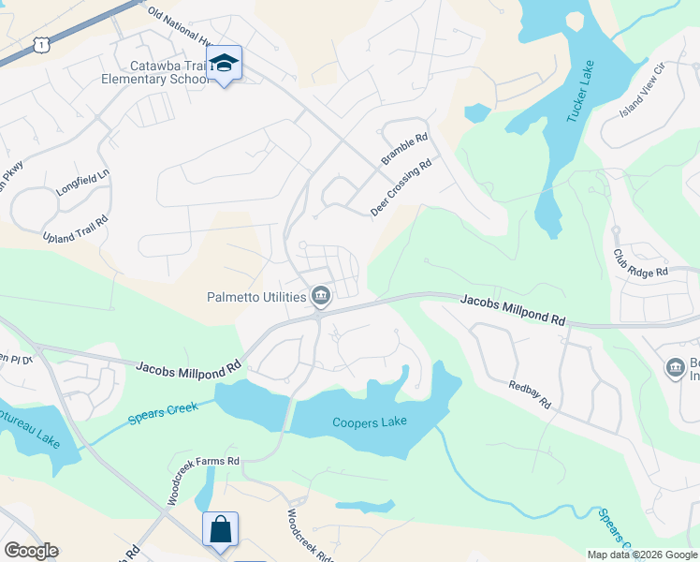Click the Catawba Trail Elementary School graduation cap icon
point(224,64)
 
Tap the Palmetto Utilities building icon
point(321,297)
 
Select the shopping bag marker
point(220,529)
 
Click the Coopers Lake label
point(370,422)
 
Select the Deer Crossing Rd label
point(401,187)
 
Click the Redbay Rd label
point(530,394)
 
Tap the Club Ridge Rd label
point(641,262)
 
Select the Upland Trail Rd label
point(76,229)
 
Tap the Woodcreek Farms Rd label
point(204,480)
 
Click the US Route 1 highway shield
point(39,44)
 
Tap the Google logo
point(31,551)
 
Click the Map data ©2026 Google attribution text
point(642,555)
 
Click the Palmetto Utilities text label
point(257,298)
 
